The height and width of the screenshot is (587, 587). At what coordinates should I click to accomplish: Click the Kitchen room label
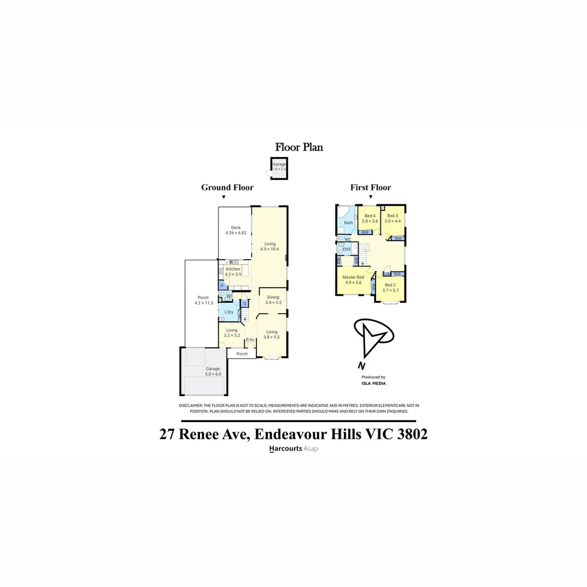pyautogui.click(x=233, y=269)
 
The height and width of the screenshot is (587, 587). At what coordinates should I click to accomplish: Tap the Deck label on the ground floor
pyautogui.click(x=235, y=228)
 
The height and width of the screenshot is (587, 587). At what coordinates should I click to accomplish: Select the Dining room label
pyautogui.click(x=273, y=297)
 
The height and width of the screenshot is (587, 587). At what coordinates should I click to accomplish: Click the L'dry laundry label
pyautogui.click(x=229, y=312)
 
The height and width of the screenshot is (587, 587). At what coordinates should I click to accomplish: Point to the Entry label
pyautogui.click(x=250, y=340)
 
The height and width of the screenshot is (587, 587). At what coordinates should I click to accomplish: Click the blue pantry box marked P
pyautogui.click(x=222, y=285)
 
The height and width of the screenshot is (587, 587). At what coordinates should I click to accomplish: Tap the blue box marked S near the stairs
pyautogui.click(x=245, y=304)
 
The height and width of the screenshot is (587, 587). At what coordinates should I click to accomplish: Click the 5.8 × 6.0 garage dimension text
pyautogui.click(x=213, y=374)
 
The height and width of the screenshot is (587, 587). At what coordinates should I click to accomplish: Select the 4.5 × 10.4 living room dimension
pyautogui.click(x=270, y=249)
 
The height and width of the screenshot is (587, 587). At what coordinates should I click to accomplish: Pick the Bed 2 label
pyautogui.click(x=390, y=285)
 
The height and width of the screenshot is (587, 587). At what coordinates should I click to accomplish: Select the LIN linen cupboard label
pyautogui.click(x=387, y=274)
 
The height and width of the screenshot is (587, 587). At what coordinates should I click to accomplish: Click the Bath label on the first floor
pyautogui.click(x=348, y=223)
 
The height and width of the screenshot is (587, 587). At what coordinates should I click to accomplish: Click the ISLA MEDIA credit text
pyautogui.click(x=373, y=383)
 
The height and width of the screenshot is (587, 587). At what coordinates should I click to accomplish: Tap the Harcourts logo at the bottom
pyautogui.click(x=286, y=449)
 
